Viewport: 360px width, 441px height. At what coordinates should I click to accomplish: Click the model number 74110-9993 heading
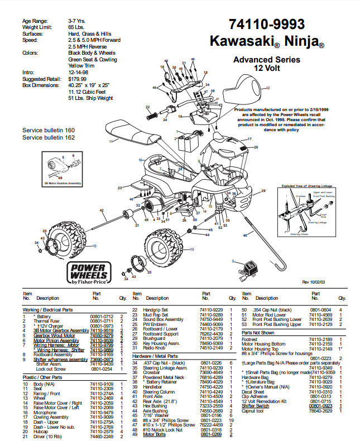(x=266, y=24)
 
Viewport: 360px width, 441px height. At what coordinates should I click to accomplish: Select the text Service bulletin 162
(x=48, y=137)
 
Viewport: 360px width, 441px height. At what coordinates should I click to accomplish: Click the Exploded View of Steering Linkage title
(x=306, y=185)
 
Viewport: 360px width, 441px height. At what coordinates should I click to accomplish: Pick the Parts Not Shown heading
(x=258, y=332)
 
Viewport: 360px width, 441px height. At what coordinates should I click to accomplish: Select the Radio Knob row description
(x=156, y=347)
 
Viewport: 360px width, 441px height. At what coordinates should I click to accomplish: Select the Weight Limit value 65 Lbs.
(x=76, y=27)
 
